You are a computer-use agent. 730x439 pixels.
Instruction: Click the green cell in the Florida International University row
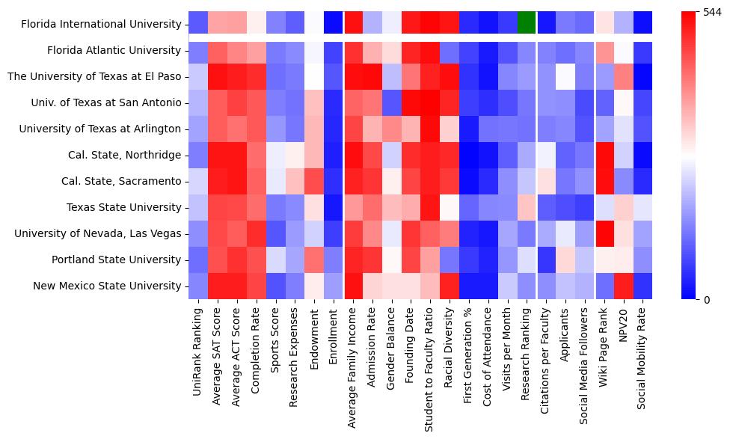point(526,24)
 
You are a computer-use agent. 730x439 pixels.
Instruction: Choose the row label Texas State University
point(123,208)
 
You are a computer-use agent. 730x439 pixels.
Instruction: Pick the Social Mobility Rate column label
point(642,357)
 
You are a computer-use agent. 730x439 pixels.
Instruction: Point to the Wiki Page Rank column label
point(603,348)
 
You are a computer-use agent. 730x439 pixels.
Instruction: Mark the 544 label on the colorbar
point(712,12)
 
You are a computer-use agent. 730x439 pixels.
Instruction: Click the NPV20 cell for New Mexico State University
point(622,286)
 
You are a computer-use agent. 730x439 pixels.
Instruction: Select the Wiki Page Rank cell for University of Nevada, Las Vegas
point(603,234)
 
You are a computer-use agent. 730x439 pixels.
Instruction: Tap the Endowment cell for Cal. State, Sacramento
point(314,182)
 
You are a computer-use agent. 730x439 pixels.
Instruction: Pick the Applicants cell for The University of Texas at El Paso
point(565,77)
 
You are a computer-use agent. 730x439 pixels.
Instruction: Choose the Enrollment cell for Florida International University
point(333,24)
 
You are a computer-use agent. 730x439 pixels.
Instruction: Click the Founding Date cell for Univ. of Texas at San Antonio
point(410,103)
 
